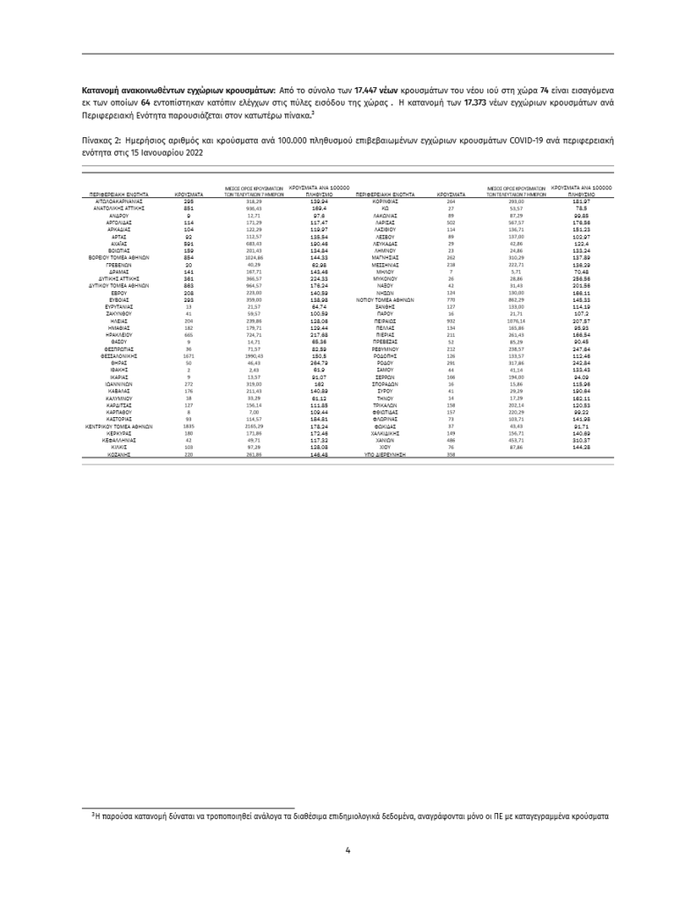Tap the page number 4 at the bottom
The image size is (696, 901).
(348, 850)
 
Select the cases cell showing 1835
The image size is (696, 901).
(188, 426)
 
